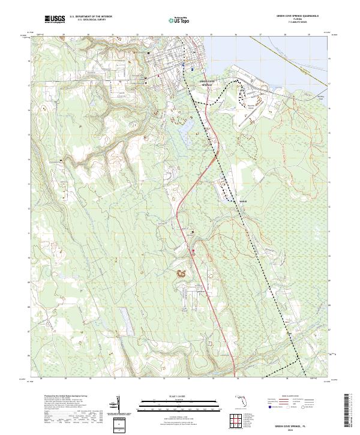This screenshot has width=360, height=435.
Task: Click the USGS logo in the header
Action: click(55, 19)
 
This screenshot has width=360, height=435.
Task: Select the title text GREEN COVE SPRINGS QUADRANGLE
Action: click(296, 16)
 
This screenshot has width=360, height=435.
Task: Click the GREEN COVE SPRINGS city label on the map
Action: click(206, 84)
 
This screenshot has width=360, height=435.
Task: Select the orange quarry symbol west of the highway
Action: click(181, 274)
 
